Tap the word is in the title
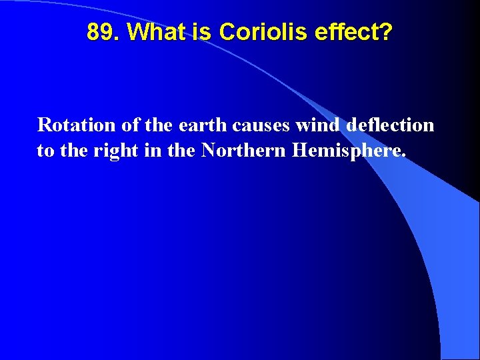(x=203, y=31)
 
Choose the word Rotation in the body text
(x=74, y=125)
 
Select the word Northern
(x=244, y=150)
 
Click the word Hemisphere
(x=346, y=151)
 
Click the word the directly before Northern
(x=181, y=150)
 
